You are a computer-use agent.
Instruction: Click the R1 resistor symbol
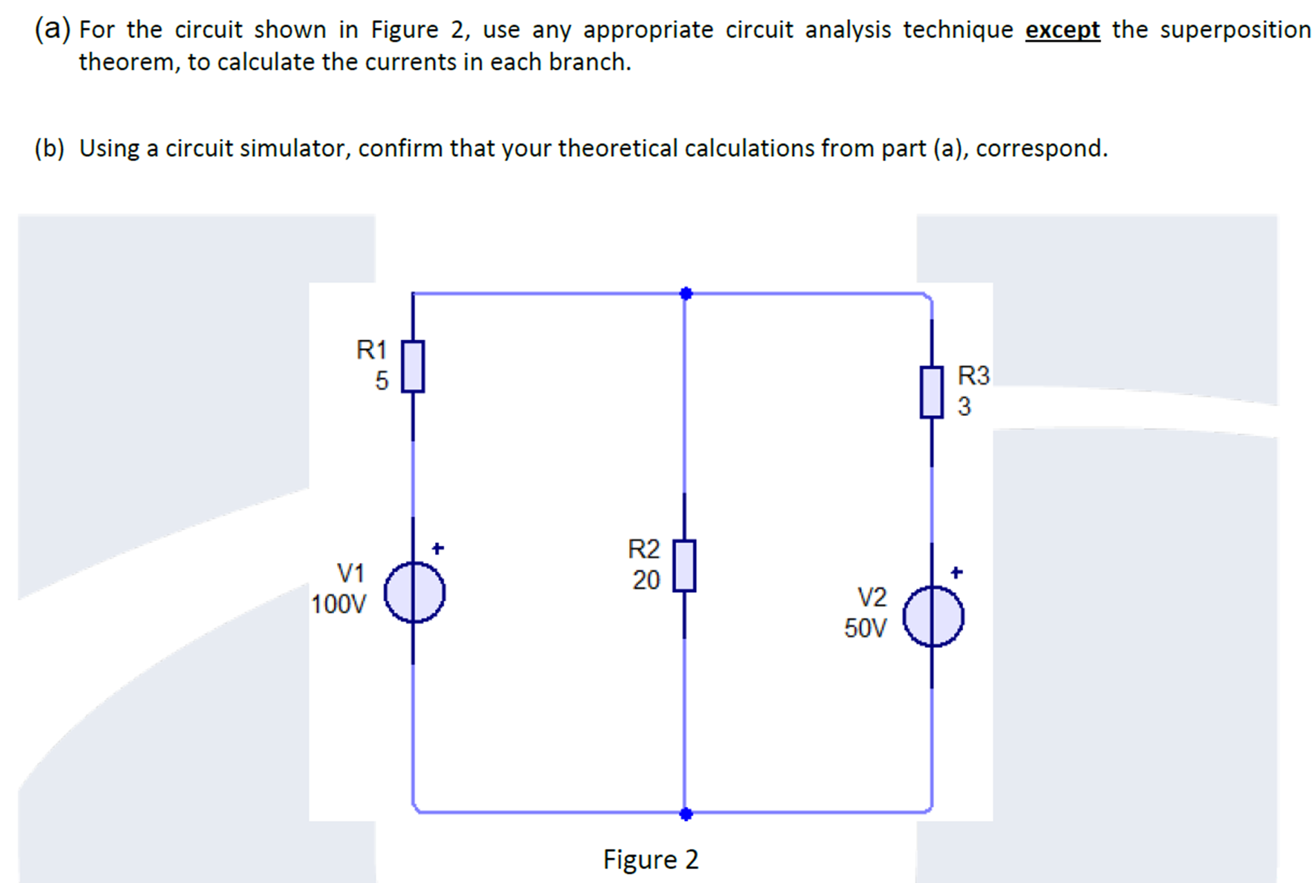[413, 366]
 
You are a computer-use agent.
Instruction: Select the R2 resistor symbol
[684, 566]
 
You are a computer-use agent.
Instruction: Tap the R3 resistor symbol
[931, 392]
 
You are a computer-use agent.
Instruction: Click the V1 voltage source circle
[414, 592]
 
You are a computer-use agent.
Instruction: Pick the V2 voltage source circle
[933, 616]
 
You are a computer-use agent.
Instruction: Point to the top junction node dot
[686, 294]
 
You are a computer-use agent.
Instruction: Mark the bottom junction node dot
[686, 814]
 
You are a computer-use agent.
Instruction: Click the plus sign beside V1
[438, 549]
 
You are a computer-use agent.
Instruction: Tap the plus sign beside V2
[956, 572]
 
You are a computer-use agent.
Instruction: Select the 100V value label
[338, 605]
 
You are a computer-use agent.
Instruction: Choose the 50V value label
[865, 628]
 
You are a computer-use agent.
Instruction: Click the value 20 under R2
[646, 580]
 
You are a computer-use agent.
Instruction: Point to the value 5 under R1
[382, 381]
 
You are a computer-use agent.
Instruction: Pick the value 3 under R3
[964, 406]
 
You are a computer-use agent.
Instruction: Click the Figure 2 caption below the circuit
[650, 860]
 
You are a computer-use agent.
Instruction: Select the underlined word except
[1062, 30]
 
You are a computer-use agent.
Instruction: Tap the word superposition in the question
[1235, 30]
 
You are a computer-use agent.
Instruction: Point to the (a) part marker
[52, 29]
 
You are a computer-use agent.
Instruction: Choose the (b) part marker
[49, 149]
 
